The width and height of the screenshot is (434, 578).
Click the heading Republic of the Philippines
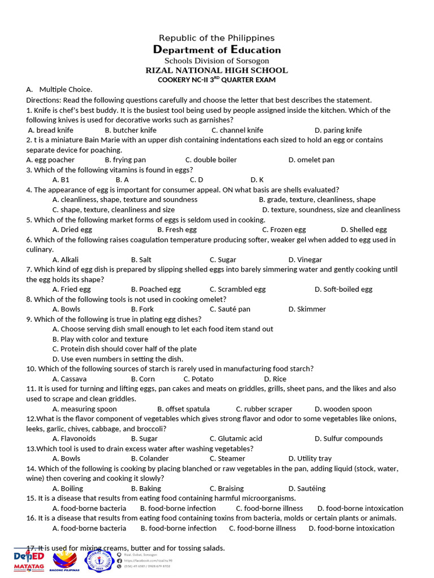[x=217, y=38]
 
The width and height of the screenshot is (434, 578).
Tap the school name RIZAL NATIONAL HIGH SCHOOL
[x=217, y=71]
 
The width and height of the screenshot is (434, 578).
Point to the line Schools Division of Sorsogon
[x=217, y=60]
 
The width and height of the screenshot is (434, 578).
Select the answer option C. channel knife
[x=237, y=130]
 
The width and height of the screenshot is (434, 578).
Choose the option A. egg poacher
[x=50, y=160]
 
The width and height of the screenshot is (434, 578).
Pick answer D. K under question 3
[x=257, y=180]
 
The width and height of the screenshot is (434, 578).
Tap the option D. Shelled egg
[x=364, y=230]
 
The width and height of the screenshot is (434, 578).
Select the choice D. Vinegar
[x=305, y=260]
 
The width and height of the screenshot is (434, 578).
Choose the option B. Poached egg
[x=156, y=290]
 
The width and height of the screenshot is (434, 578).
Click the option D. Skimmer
[x=307, y=309]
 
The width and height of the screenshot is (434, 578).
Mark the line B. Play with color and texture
[x=100, y=339]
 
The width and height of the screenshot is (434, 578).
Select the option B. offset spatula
[x=184, y=409]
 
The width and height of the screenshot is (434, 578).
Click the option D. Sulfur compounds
[x=349, y=439]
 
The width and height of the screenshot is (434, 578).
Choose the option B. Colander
[x=150, y=459]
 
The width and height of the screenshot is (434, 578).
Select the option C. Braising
[x=227, y=489]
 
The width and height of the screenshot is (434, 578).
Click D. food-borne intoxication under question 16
[x=351, y=528]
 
